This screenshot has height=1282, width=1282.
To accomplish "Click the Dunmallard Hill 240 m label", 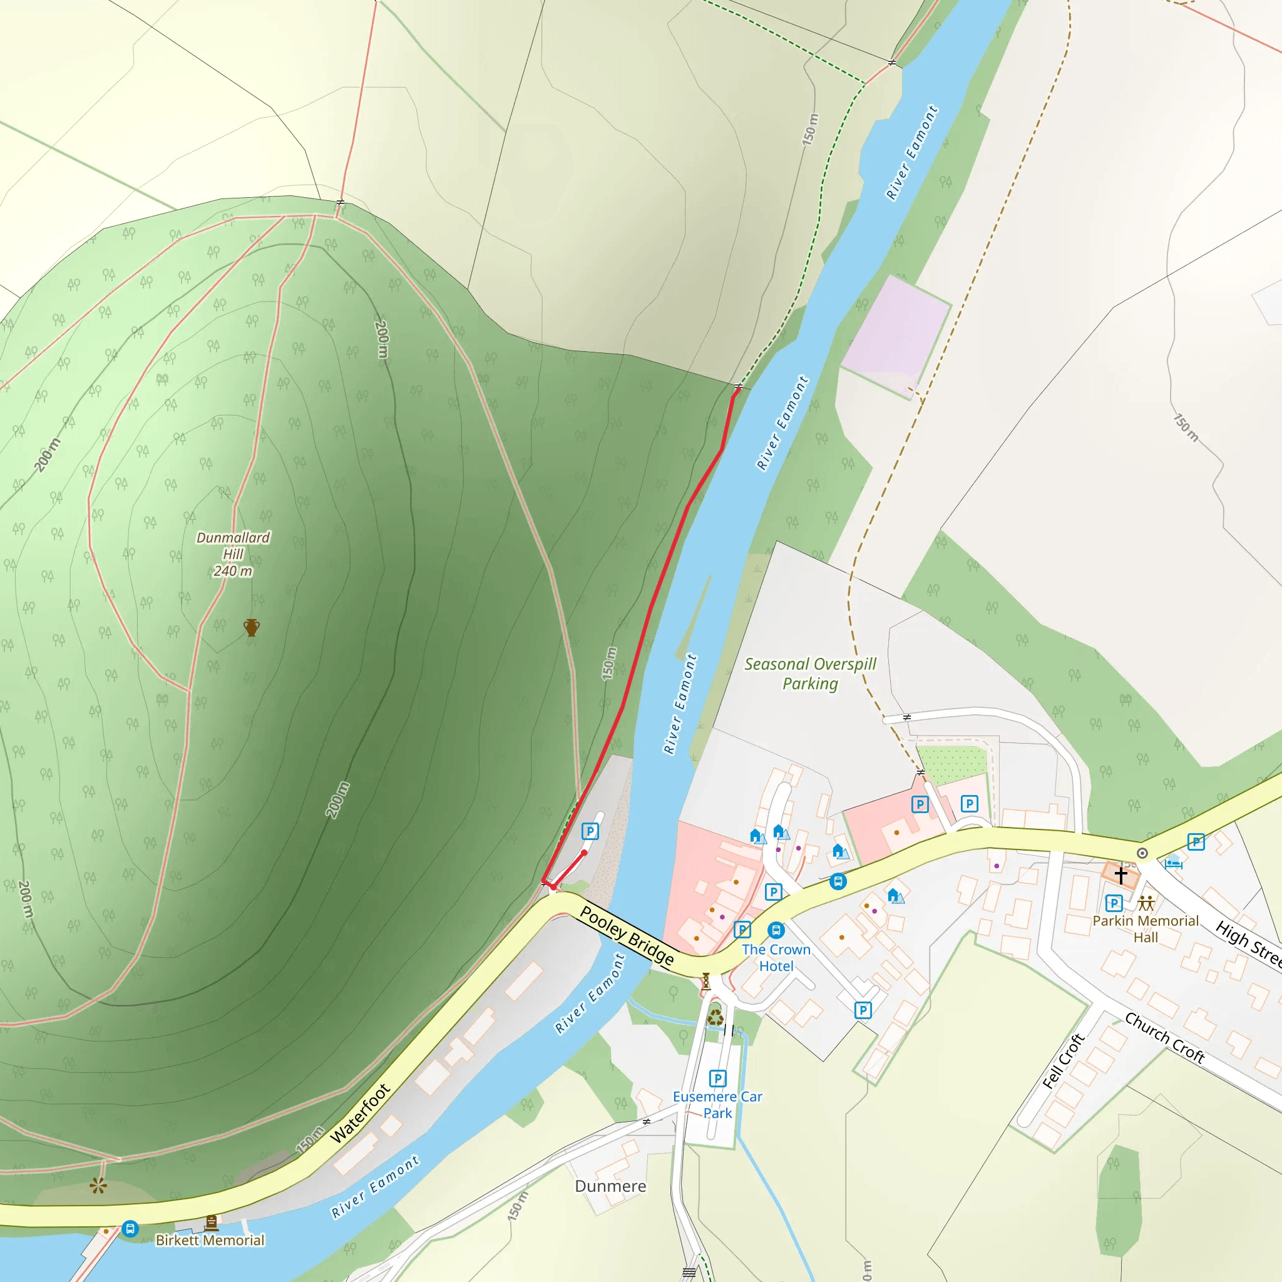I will pyautogui.click(x=233, y=554).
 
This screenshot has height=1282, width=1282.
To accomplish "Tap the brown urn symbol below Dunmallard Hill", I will pyautogui.click(x=251, y=627).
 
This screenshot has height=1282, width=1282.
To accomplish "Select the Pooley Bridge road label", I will pyautogui.click(x=627, y=936).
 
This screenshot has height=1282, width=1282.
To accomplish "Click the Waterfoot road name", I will pyautogui.click(x=360, y=1114).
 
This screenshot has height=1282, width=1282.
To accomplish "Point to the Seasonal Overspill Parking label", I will pyautogui.click(x=809, y=674).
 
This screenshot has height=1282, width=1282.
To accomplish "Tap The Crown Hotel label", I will pyautogui.click(x=776, y=958).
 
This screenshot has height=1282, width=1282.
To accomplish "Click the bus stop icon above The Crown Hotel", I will pyautogui.click(x=776, y=930).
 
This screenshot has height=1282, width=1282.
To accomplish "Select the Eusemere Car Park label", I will pyautogui.click(x=717, y=1105).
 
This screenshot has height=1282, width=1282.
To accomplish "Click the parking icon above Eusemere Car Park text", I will pyautogui.click(x=717, y=1079).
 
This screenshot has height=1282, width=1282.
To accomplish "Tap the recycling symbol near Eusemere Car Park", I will pyautogui.click(x=715, y=1017).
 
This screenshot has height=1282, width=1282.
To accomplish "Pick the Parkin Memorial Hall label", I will pyautogui.click(x=1146, y=929).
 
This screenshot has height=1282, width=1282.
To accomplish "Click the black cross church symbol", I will pyautogui.click(x=1120, y=876).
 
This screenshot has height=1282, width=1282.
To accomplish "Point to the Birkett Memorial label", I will pyautogui.click(x=210, y=1240).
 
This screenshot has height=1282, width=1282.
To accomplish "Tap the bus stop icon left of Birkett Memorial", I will pyautogui.click(x=130, y=1229).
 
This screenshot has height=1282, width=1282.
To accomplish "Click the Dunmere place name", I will pyautogui.click(x=610, y=1186).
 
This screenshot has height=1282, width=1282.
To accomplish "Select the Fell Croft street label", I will pyautogui.click(x=1063, y=1062).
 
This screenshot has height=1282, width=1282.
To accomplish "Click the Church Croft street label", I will pyautogui.click(x=1164, y=1038).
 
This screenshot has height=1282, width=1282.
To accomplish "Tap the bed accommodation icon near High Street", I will pyautogui.click(x=1173, y=863).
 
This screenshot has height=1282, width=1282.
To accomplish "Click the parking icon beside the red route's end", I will pyautogui.click(x=589, y=831).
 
